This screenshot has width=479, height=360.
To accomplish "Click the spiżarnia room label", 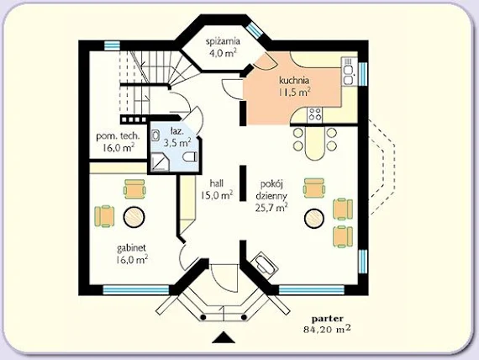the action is coord(223,41).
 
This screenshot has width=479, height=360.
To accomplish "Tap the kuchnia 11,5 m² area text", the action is coord(294,92).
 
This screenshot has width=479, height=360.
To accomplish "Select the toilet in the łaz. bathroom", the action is coord(190,157).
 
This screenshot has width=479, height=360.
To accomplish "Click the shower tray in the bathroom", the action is coord(160,162).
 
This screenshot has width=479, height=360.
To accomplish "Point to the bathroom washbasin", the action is coord(155,135).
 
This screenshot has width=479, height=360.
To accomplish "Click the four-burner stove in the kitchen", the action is coord(314,114).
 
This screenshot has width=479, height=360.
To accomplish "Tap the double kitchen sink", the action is coord(348,71).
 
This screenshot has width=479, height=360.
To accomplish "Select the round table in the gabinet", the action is coord(134,217).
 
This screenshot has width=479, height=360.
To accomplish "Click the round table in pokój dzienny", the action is coord(314,218).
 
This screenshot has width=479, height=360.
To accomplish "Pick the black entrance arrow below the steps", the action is coord(224,337).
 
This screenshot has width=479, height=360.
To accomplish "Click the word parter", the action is coord(327,319).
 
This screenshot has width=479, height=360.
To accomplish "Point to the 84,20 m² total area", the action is coord(327,330).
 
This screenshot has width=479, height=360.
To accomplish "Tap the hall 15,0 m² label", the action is coord(217,189).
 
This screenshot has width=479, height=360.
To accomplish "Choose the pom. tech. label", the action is coord(118,136).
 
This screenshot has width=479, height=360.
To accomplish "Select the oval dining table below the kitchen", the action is coord(314,143).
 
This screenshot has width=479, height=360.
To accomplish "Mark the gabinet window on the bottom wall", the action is coord(136,289).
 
